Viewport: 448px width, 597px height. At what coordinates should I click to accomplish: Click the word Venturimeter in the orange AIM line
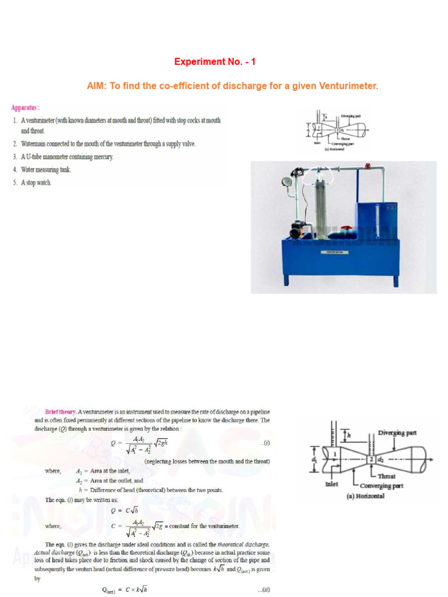pyautogui.click(x=348, y=86)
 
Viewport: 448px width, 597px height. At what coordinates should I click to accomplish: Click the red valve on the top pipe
pyautogui.click(x=366, y=167)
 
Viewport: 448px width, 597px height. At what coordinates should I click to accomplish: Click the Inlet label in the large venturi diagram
pyautogui.click(x=331, y=483)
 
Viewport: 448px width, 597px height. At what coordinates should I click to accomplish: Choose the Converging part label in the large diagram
pyautogui.click(x=380, y=486)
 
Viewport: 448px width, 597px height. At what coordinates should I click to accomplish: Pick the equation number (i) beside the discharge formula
pyautogui.click(x=266, y=443)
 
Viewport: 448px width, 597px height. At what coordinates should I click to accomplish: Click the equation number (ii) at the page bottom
pyautogui.click(x=265, y=590)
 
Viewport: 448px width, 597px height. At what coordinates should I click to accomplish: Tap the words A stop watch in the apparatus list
pyautogui.click(x=37, y=182)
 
